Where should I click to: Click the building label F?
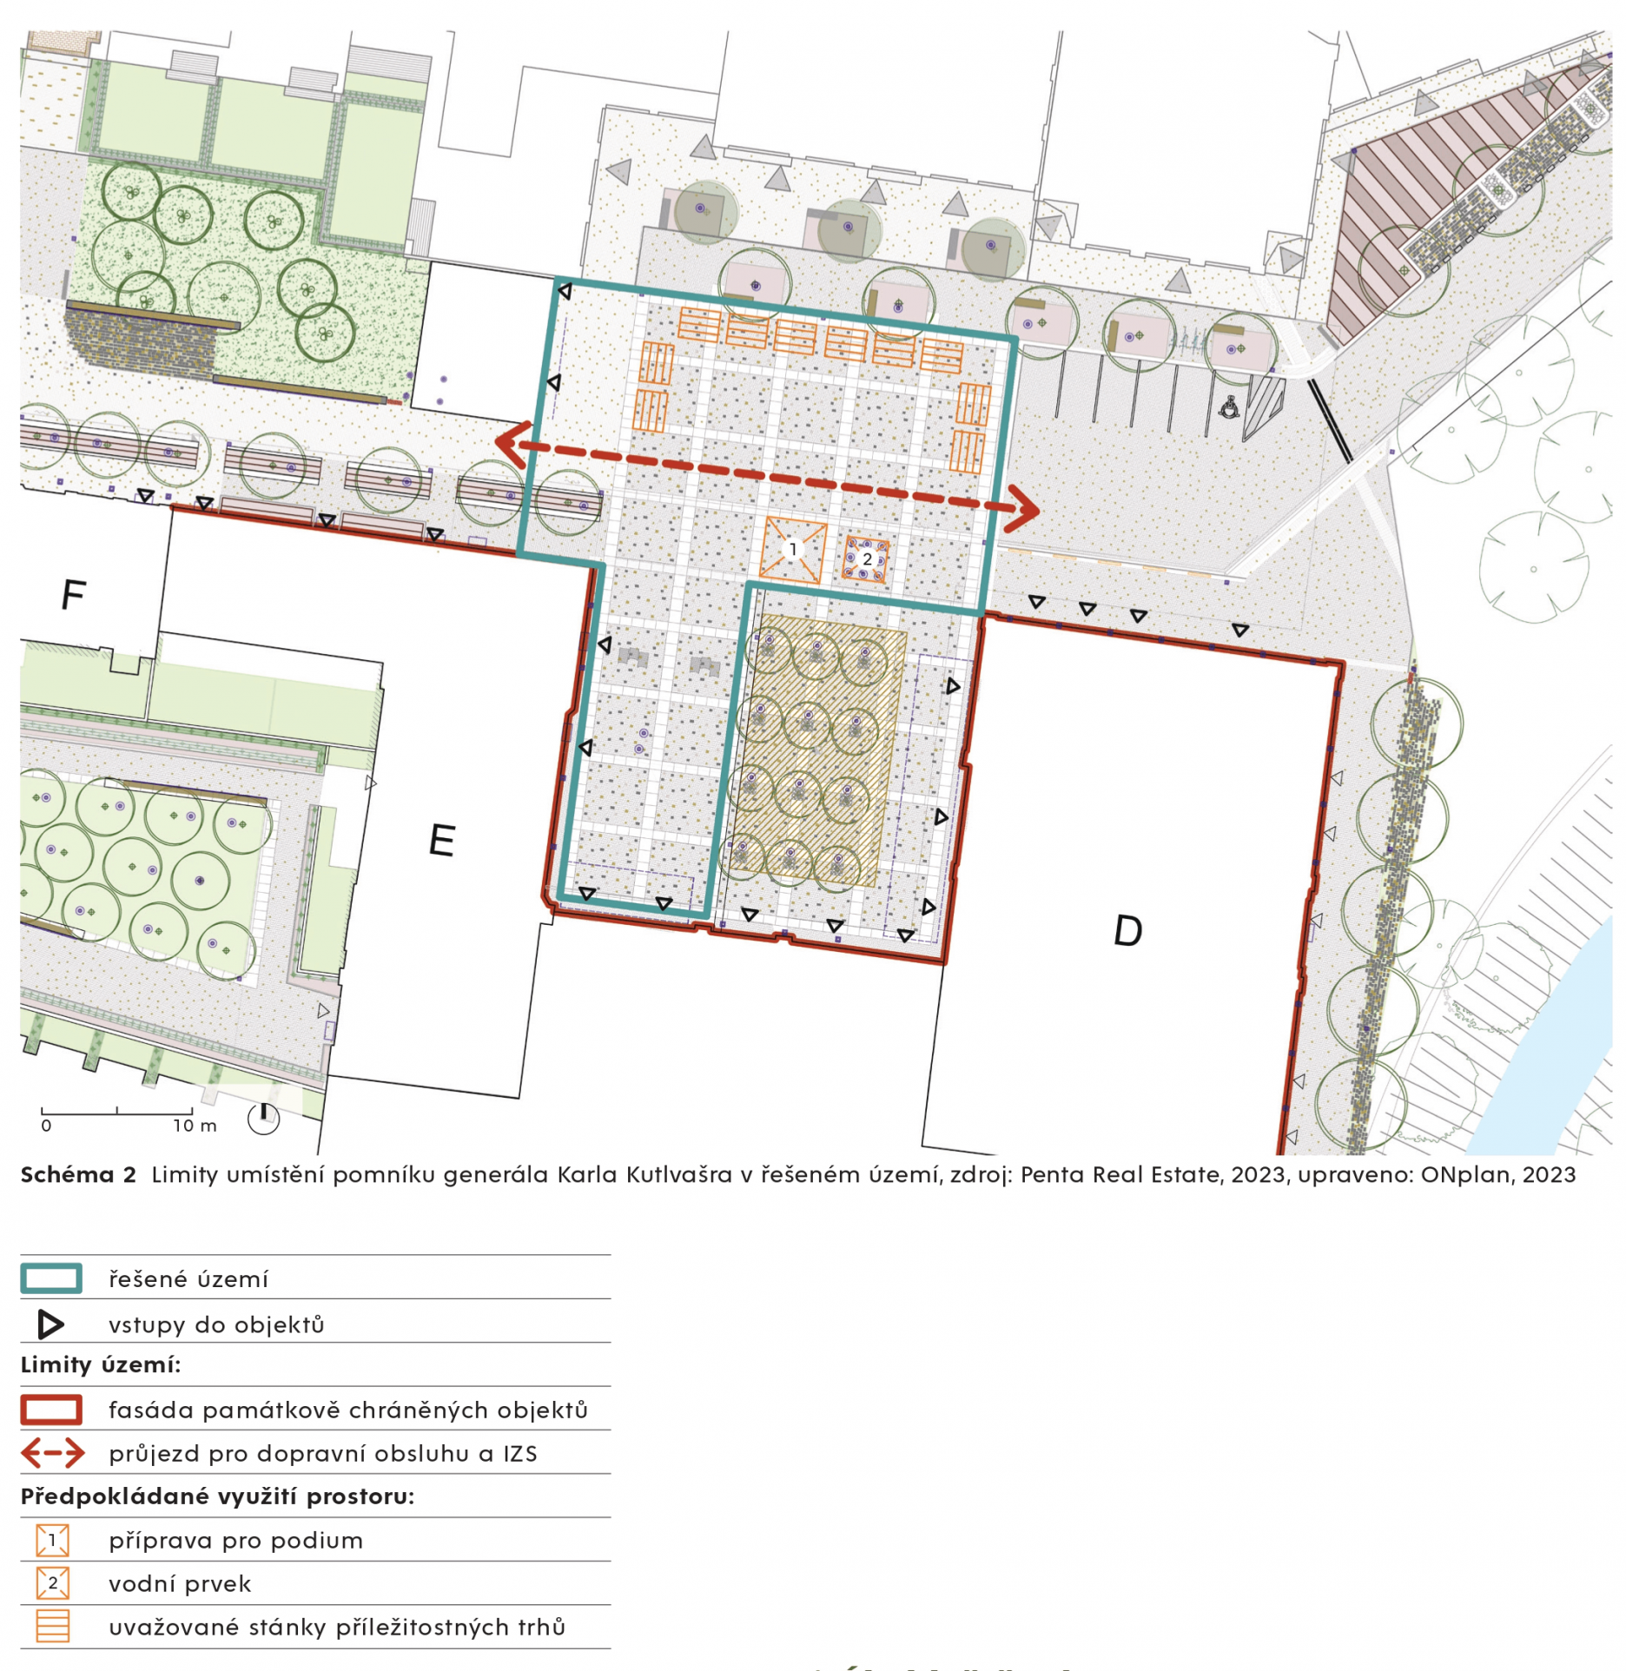pos(74,595)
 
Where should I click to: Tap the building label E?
pos(442,840)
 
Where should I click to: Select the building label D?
pos(1127,931)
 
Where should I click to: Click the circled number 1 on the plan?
pos(791,549)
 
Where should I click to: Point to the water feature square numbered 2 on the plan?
pos(866,559)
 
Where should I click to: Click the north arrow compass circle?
pos(263,1119)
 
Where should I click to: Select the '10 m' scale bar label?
pos(195,1126)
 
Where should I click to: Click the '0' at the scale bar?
pos(46,1126)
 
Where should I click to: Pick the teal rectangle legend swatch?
pos(51,1278)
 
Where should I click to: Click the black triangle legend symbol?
pos(50,1324)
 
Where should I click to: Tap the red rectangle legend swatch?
pos(51,1410)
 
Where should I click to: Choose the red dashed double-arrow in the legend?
pos(53,1453)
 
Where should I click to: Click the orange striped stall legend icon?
pos(53,1627)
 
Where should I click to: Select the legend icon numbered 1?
pos(53,1541)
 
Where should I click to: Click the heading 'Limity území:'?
pos(101,1365)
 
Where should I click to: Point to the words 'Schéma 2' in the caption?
pos(78,1175)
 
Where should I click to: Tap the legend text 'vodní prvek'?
pos(180,1584)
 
